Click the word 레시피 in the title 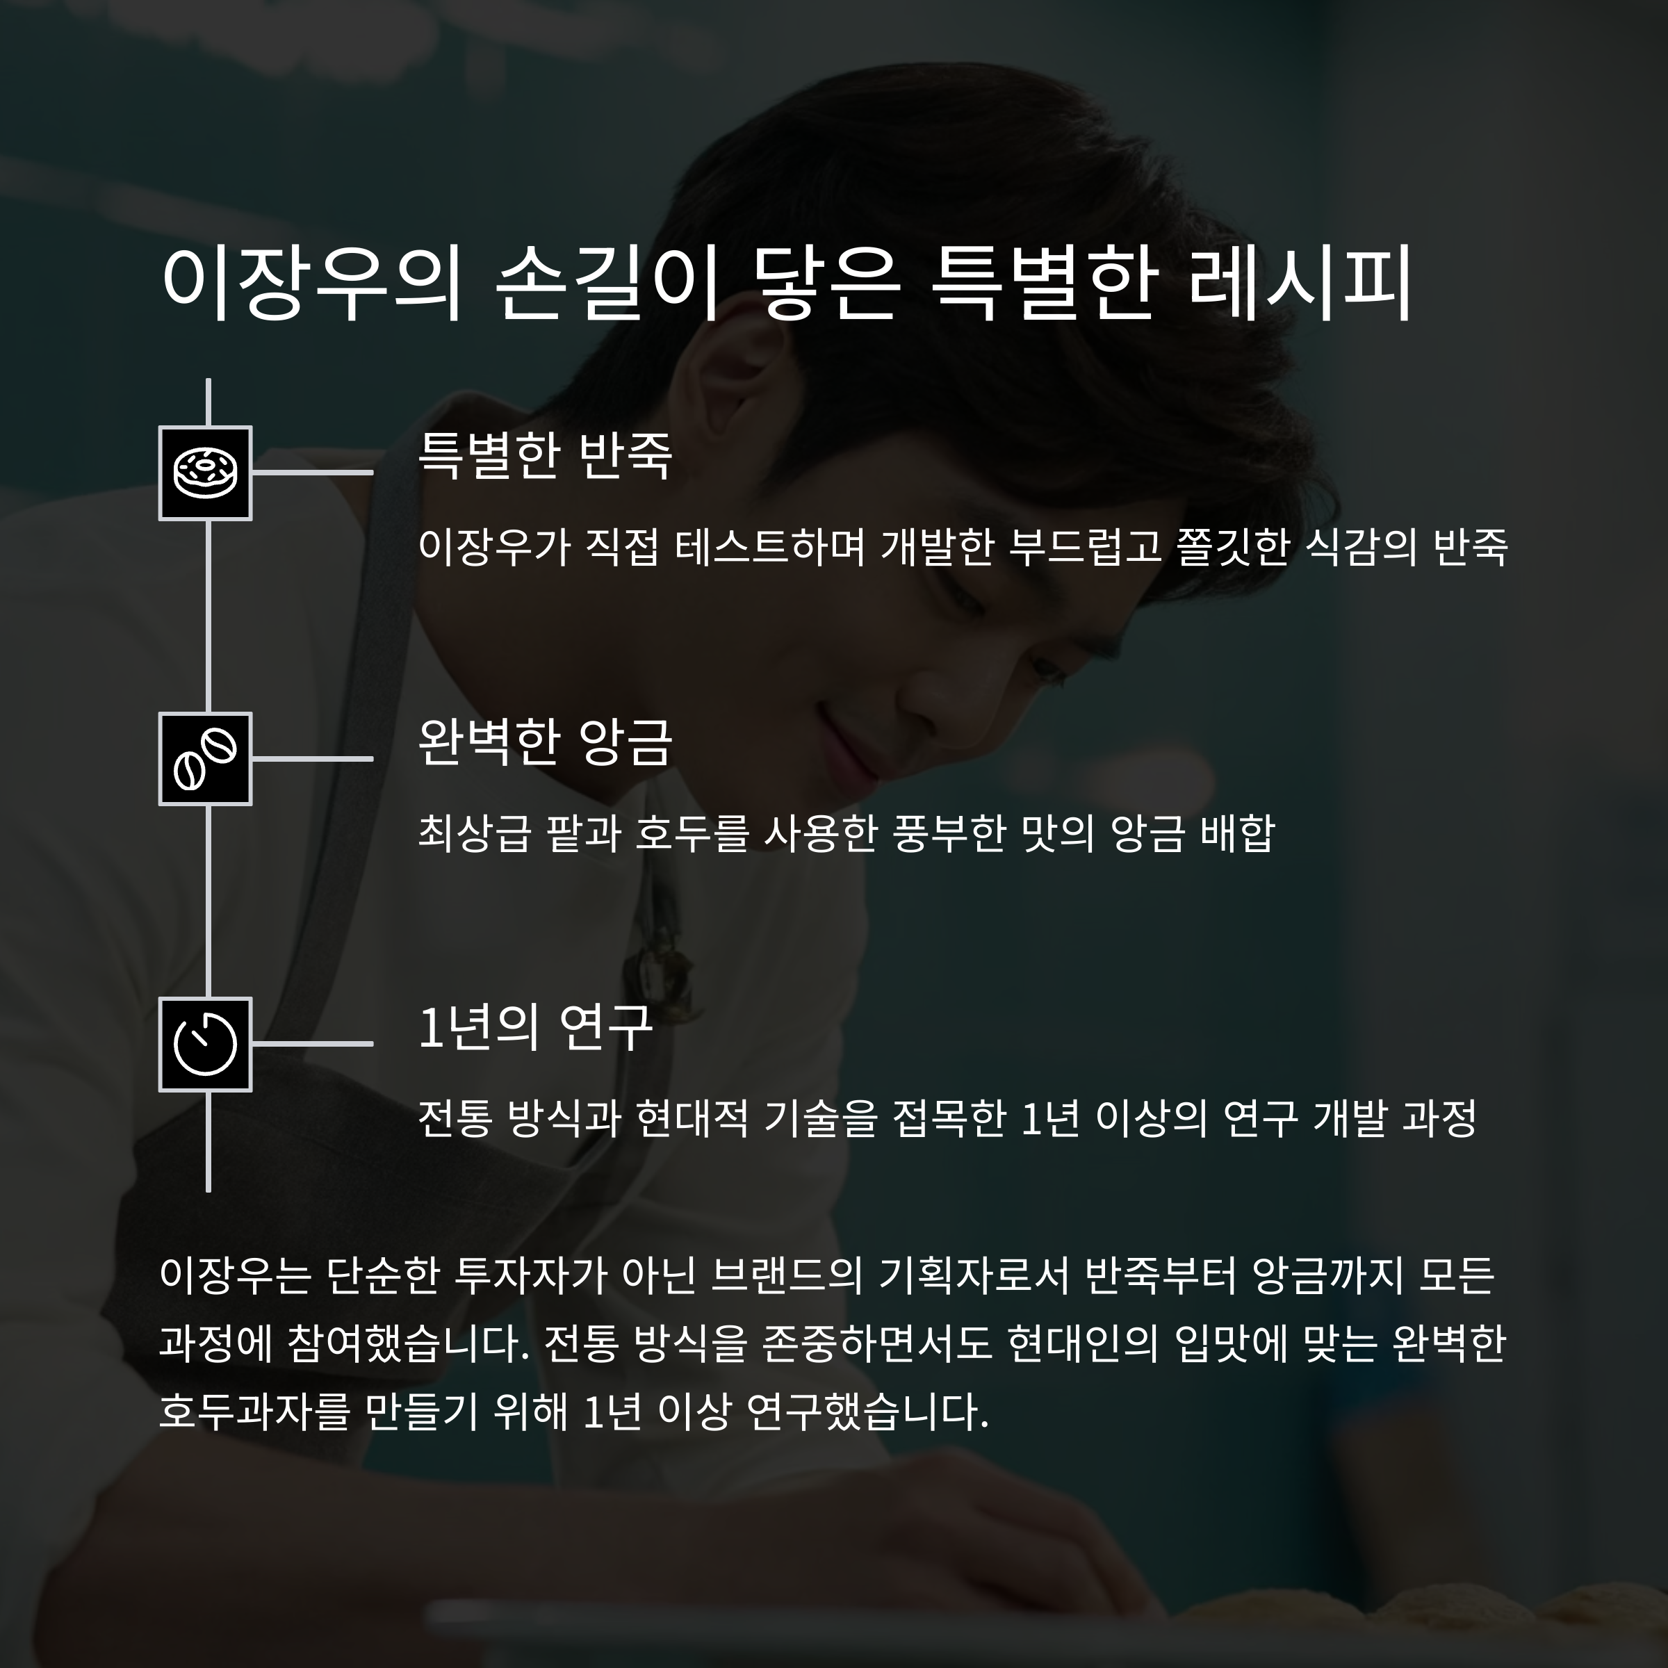tap(1300, 282)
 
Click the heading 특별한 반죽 tap(545, 456)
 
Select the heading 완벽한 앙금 tap(545, 742)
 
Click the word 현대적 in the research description tap(691, 1118)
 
